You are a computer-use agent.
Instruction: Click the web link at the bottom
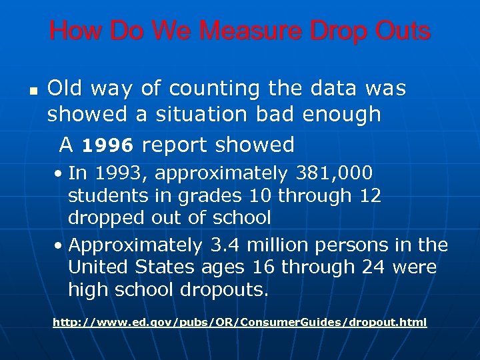(x=240, y=323)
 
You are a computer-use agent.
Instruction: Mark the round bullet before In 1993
(x=60, y=174)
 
